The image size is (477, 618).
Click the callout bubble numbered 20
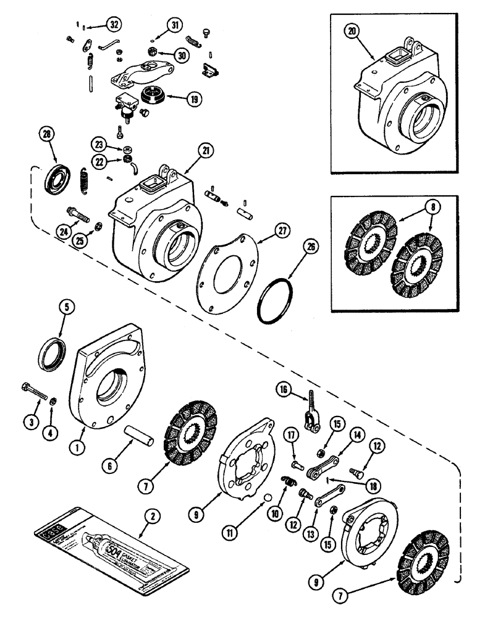353,33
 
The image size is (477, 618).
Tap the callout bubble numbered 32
112,24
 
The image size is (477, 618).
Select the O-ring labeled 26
275,300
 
